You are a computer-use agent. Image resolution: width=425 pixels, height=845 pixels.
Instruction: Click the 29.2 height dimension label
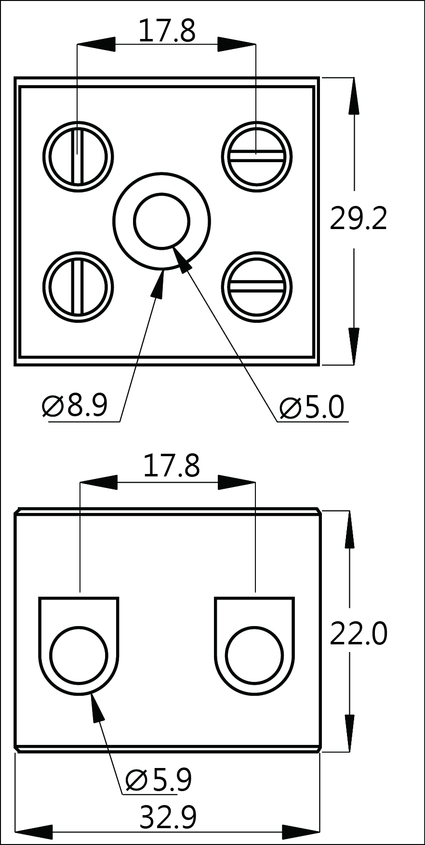click(358, 219)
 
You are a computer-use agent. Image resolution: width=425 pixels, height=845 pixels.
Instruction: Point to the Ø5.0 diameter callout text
click(312, 407)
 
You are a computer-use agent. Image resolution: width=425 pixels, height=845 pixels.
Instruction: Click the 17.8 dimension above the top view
click(167, 31)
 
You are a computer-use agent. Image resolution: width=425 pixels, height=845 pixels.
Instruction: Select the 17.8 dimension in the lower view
click(171, 466)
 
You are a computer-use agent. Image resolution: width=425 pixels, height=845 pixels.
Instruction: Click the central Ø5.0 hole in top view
click(162, 221)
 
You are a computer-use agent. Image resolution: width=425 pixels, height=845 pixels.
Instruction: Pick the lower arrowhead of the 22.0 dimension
click(350, 731)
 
